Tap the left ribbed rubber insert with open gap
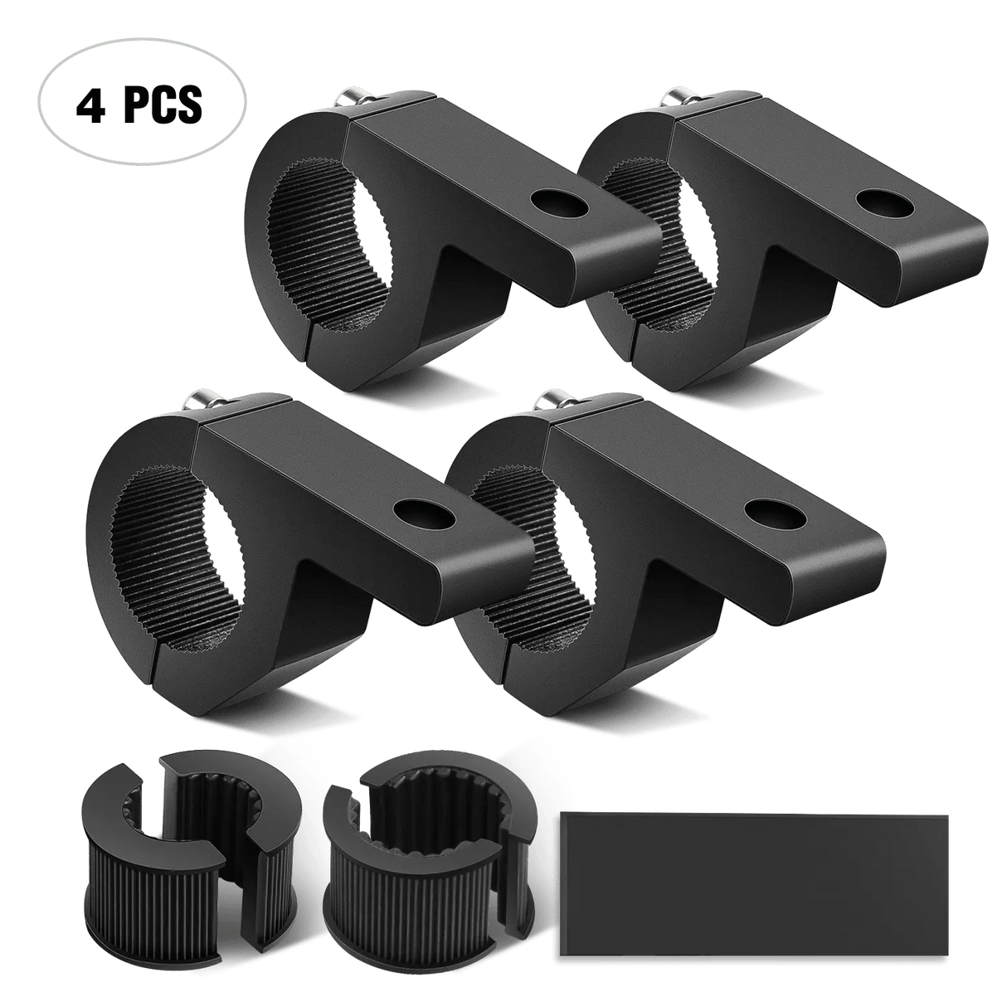154,863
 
